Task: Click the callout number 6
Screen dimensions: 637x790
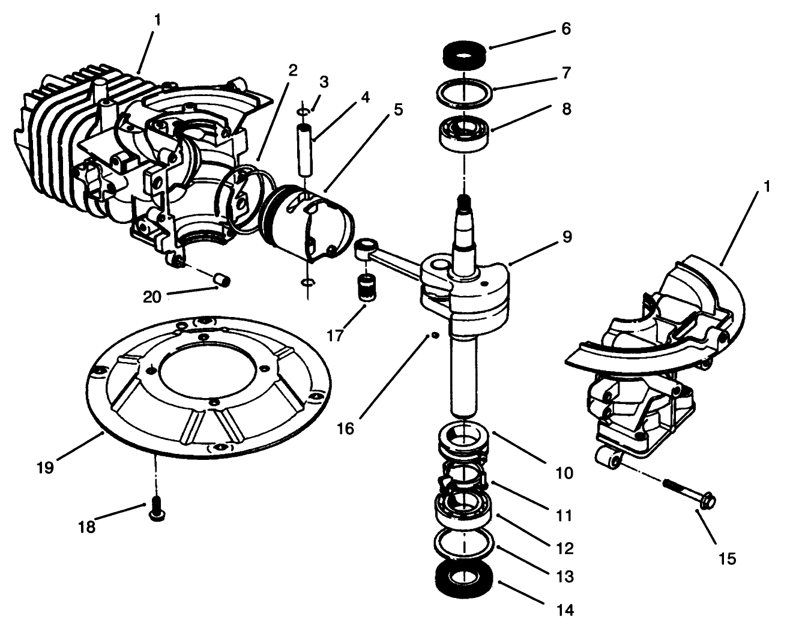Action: click(566, 29)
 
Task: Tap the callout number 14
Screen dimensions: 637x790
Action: click(566, 611)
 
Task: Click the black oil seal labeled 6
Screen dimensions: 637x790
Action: click(464, 56)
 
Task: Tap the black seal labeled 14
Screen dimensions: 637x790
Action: click(464, 579)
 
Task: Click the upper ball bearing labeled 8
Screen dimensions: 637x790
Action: click(465, 133)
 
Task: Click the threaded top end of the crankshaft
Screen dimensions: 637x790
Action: click(463, 205)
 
